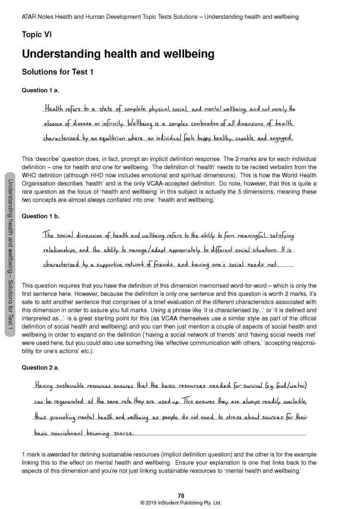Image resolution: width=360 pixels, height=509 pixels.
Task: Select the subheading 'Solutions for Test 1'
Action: (x=57, y=73)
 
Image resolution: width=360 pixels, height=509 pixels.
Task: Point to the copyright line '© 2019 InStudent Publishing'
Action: (x=180, y=503)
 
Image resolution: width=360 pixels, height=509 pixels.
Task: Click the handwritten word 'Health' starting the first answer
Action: (x=54, y=109)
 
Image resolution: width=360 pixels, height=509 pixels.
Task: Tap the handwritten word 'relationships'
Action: (x=60, y=250)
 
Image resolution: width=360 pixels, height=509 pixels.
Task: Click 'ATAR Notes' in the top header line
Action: (x=38, y=17)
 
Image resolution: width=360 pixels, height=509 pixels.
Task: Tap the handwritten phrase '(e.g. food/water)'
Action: (x=283, y=386)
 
